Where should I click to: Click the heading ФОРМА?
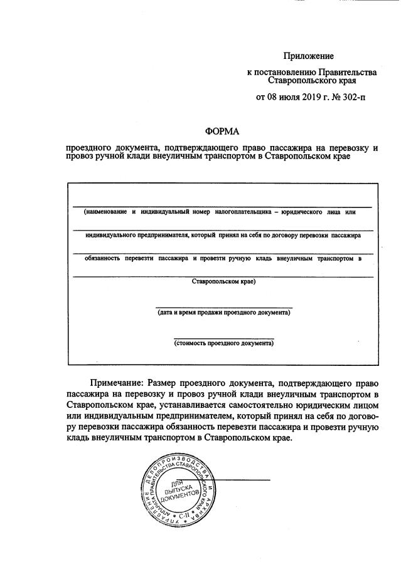point(223,131)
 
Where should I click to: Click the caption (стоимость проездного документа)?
point(224,343)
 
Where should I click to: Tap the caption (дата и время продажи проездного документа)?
point(224,311)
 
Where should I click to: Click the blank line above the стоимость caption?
point(224,338)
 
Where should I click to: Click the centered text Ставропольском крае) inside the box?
point(223,281)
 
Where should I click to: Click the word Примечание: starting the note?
point(117,382)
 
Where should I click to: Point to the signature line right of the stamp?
point(242,479)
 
